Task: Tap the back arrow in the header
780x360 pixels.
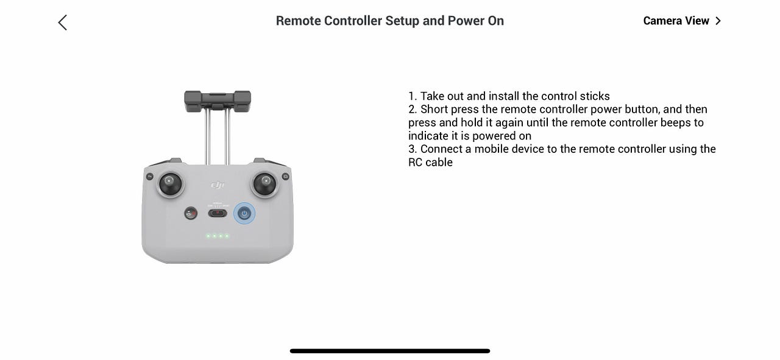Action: tap(62, 23)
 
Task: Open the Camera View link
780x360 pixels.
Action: tap(682, 21)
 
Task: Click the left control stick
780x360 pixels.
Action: tap(170, 184)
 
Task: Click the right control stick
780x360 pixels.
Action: tap(265, 184)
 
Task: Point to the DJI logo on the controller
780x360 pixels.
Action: tap(218, 185)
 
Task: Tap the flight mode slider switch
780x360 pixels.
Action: tap(218, 213)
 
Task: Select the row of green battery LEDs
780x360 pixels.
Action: tap(218, 236)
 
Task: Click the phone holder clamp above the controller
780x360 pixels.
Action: tap(218, 101)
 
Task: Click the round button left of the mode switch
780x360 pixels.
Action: tap(191, 213)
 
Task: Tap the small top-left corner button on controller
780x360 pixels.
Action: tap(149, 177)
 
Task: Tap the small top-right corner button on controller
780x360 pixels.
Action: tap(286, 177)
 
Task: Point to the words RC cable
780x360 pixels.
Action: tap(430, 162)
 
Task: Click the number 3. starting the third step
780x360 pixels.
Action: tap(413, 149)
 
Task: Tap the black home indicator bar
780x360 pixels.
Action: tap(390, 351)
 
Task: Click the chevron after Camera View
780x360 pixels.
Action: tap(718, 21)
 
